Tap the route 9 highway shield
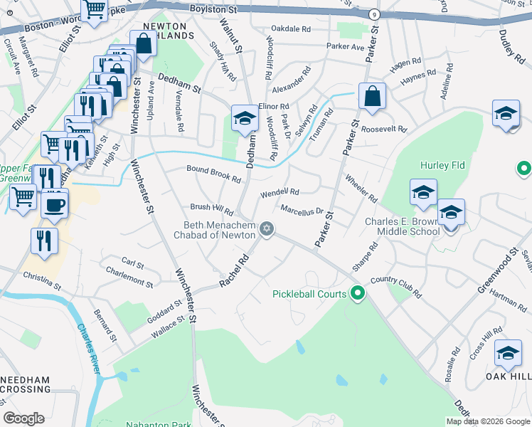pos(374,14)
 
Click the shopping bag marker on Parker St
pos(371,96)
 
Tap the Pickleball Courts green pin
pos(359,293)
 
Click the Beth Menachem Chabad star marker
pos(267,228)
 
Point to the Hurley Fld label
pos(442,165)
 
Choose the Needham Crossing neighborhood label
pos(26,385)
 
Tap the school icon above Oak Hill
pos(508,353)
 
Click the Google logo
pos(23,418)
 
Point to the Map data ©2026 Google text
pos(488,421)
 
